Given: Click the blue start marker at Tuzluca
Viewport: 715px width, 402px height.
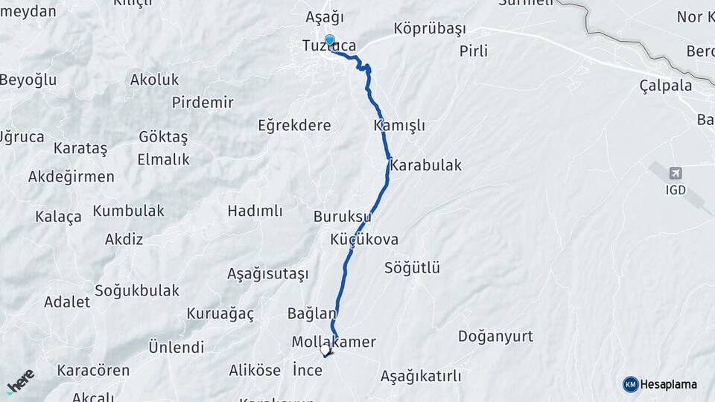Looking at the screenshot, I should (329, 40).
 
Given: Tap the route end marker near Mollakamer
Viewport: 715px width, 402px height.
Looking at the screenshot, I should (325, 349).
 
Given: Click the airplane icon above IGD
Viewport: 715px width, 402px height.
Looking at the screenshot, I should (676, 173).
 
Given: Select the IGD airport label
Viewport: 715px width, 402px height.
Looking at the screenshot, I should (676, 190).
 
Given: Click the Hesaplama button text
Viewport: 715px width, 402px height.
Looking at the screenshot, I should (669, 384).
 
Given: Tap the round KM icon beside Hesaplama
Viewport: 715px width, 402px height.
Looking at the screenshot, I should (630, 384).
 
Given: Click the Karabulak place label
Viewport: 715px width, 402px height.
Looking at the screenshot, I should (425, 165).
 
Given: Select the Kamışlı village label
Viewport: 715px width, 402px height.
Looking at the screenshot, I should (399, 126).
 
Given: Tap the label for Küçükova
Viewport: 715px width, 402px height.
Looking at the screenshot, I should (364, 240).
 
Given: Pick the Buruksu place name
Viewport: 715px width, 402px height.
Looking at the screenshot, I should (342, 217).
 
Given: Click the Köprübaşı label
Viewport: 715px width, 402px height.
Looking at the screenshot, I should (429, 29).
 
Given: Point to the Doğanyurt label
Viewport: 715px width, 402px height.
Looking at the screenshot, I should (495, 336).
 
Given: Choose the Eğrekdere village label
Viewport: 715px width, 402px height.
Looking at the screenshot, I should (294, 125).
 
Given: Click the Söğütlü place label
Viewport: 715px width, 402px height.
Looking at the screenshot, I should (413, 268).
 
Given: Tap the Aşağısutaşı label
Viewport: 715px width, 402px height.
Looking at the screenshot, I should (267, 274).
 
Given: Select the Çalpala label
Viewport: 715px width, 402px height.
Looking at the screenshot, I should (665, 86).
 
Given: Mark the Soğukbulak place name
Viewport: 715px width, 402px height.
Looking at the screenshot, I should (137, 290).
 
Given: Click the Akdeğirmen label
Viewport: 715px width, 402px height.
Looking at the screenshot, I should (71, 176).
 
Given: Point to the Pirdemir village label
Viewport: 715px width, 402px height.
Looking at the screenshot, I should (203, 103).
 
